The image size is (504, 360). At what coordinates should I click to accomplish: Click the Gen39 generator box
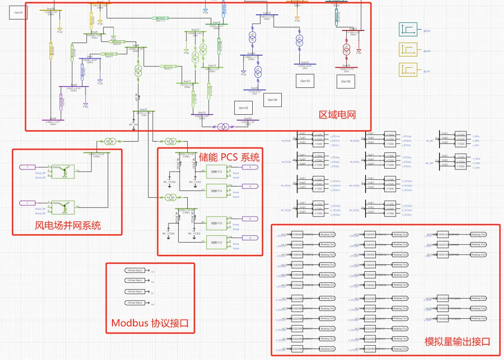(18, 13)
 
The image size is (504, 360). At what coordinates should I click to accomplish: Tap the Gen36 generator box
(346, 81)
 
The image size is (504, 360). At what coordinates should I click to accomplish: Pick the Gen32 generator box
(243, 108)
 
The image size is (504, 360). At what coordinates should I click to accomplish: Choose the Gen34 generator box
(273, 100)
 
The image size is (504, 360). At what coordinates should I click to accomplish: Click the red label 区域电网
(337, 115)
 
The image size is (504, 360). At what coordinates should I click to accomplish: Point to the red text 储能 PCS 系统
(228, 157)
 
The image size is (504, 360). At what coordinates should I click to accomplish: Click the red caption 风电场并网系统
(68, 225)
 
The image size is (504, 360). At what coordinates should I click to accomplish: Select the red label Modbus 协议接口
(150, 323)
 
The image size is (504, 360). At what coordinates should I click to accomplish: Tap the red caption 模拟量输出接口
(457, 342)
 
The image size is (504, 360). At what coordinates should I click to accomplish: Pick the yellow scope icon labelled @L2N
(408, 70)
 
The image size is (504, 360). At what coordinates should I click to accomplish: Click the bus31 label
(143, 109)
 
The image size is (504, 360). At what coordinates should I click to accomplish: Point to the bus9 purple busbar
(53, 120)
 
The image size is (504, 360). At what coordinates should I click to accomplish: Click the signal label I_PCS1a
(335, 135)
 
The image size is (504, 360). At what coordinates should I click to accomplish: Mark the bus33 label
(305, 62)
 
